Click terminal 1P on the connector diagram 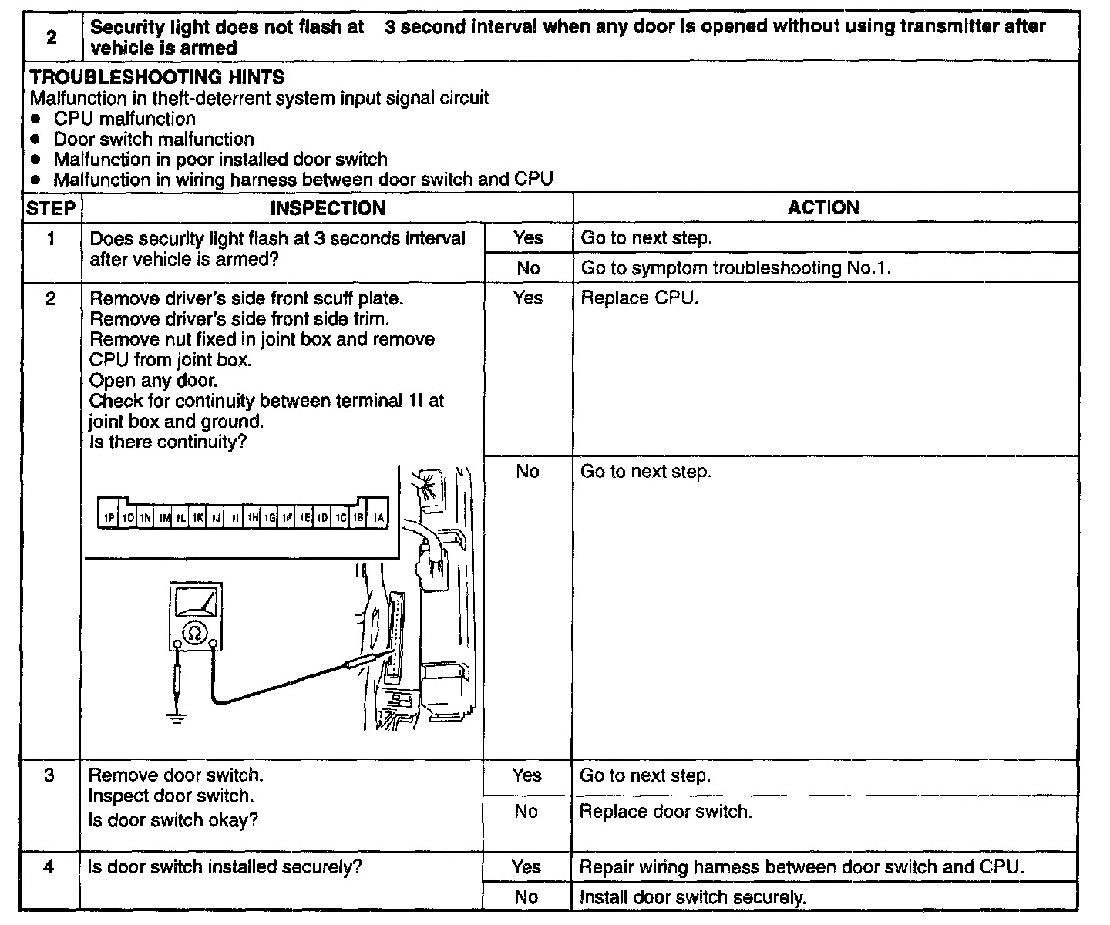[109, 519]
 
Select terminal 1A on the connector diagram [378, 519]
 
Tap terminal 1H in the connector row [252, 519]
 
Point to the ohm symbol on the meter [195, 633]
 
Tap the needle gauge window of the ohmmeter [196, 602]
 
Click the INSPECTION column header [328, 208]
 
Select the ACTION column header [823, 208]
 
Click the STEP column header [51, 208]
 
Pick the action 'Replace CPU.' [639, 298]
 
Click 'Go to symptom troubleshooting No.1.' [735, 268]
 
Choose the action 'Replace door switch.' [665, 811]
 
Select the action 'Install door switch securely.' [692, 897]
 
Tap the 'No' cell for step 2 [527, 471]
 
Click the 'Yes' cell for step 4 [526, 866]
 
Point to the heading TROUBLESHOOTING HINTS [157, 77]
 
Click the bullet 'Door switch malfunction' [153, 140]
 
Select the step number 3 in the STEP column [49, 775]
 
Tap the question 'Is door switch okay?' [173, 820]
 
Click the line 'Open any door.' [153, 380]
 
